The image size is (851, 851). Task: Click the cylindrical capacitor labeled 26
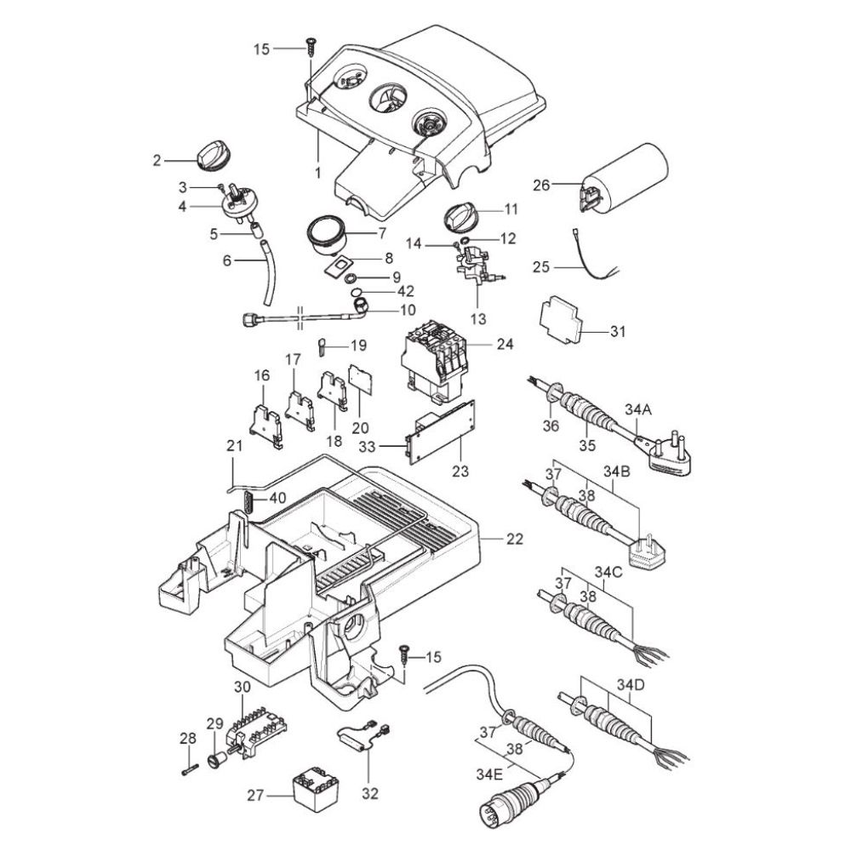pyautogui.click(x=624, y=177)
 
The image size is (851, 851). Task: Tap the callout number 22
pyautogui.click(x=515, y=539)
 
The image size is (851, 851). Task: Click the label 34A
pyautogui.click(x=637, y=410)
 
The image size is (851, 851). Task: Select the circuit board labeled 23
pyautogui.click(x=441, y=432)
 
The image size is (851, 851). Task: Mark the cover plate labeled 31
pyautogui.click(x=561, y=320)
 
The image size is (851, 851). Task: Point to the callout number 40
pyautogui.click(x=277, y=498)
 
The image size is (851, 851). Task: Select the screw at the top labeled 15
pyautogui.click(x=311, y=47)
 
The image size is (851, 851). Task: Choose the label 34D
pyautogui.click(x=630, y=684)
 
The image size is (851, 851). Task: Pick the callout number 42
pyautogui.click(x=405, y=291)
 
